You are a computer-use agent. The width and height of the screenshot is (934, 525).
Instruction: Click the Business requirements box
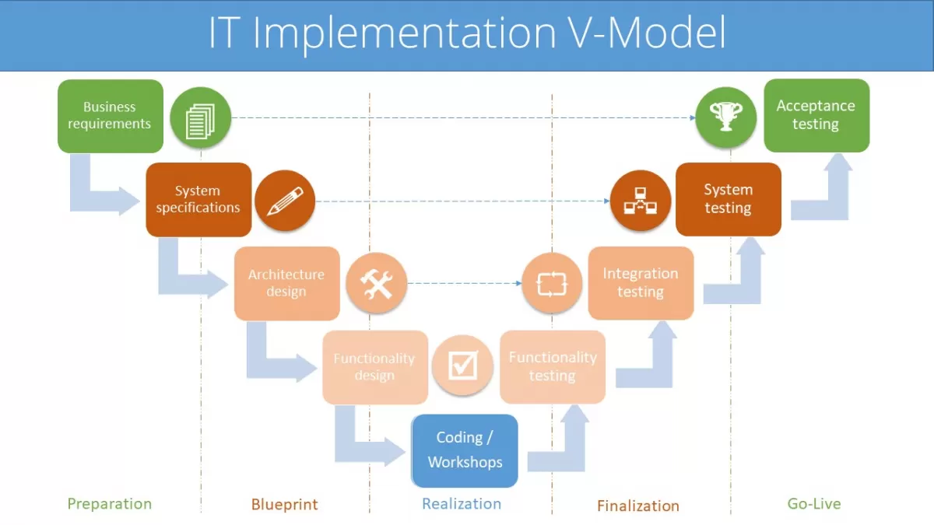[x=110, y=116]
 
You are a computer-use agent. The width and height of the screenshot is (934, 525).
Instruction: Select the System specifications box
[x=198, y=200]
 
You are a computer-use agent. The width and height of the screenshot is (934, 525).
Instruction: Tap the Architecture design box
[x=286, y=283]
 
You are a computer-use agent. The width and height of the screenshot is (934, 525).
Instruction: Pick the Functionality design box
[x=374, y=367]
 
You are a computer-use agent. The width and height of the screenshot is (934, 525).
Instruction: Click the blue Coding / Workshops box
[x=465, y=450]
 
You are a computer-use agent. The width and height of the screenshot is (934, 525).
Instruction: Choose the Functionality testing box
[x=553, y=366]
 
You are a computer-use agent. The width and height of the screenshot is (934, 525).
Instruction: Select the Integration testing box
[x=641, y=283]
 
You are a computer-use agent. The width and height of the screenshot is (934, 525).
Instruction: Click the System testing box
[x=728, y=199]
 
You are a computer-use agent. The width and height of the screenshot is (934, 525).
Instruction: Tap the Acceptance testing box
[x=816, y=115]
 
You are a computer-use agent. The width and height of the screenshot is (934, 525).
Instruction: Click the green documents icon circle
[x=201, y=117]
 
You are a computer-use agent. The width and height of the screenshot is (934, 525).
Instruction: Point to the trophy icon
[x=725, y=117]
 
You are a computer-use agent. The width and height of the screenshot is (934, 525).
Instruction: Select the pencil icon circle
[x=285, y=201]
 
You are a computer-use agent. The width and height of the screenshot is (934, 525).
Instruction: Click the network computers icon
[x=640, y=201]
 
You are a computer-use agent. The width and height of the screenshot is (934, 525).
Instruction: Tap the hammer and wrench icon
[x=376, y=282]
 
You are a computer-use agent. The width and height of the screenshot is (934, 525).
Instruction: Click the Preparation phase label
[x=109, y=504]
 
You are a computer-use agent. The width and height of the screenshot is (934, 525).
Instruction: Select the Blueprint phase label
[x=284, y=505]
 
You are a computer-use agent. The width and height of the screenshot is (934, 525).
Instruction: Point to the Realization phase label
[x=462, y=504]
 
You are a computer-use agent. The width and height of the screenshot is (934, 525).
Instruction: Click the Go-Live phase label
[x=814, y=504]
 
